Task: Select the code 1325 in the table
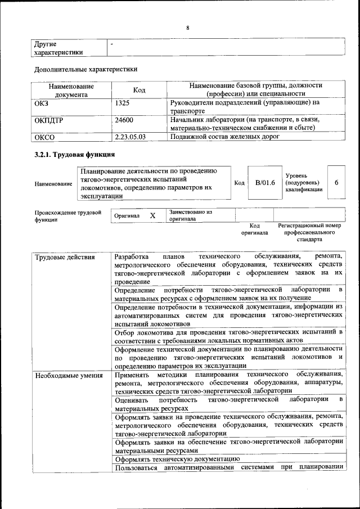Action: (x=123, y=103)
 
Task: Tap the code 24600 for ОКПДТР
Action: (x=124, y=120)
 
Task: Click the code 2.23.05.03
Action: (x=130, y=136)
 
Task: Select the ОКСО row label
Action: (x=45, y=136)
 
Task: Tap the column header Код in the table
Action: (x=139, y=90)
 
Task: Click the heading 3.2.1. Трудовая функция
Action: (x=75, y=155)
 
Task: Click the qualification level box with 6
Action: (x=336, y=183)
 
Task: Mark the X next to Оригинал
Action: (x=152, y=215)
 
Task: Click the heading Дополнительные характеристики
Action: (x=86, y=69)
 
